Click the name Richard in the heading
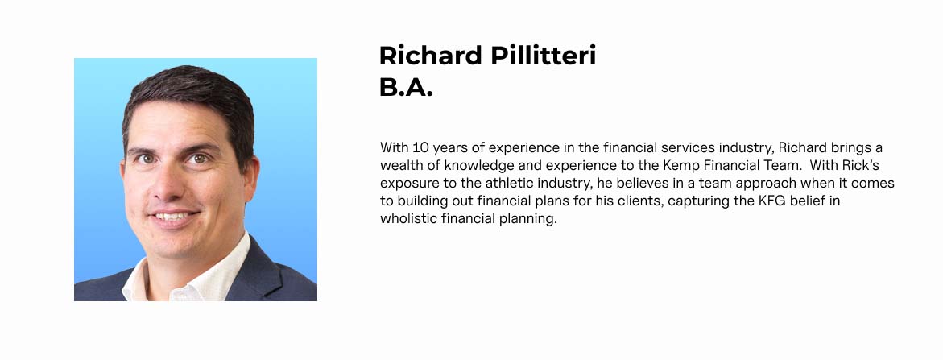430,56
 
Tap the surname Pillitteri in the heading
543,56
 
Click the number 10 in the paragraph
417,147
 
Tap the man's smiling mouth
173,216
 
